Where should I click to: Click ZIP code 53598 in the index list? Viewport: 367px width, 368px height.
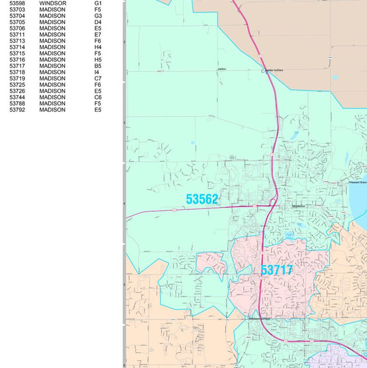pyautogui.click(x=18, y=4)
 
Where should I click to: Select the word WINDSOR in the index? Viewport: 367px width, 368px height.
pyautogui.click(x=53, y=4)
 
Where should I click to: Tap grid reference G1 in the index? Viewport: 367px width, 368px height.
pyautogui.click(x=98, y=4)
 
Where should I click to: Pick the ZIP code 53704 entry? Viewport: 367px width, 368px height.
pyautogui.click(x=18, y=16)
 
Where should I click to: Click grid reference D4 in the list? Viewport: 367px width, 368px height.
pyautogui.click(x=98, y=22)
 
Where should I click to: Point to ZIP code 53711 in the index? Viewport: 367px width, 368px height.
pyautogui.click(x=18, y=35)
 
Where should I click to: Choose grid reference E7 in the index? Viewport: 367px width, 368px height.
pyautogui.click(x=98, y=35)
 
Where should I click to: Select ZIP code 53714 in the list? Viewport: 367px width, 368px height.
pyautogui.click(x=18, y=47)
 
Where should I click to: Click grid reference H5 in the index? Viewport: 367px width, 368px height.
pyautogui.click(x=98, y=60)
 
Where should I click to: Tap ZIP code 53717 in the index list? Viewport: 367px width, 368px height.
pyautogui.click(x=18, y=66)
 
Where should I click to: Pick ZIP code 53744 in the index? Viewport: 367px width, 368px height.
pyautogui.click(x=18, y=98)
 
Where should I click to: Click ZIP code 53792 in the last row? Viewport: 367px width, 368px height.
pyautogui.click(x=18, y=110)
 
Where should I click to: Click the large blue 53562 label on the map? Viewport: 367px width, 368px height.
pyautogui.click(x=202, y=200)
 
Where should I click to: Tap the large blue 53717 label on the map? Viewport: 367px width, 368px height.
pyautogui.click(x=276, y=270)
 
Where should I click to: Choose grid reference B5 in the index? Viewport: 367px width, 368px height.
pyautogui.click(x=98, y=66)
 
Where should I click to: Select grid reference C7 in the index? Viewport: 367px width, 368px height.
pyautogui.click(x=98, y=78)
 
